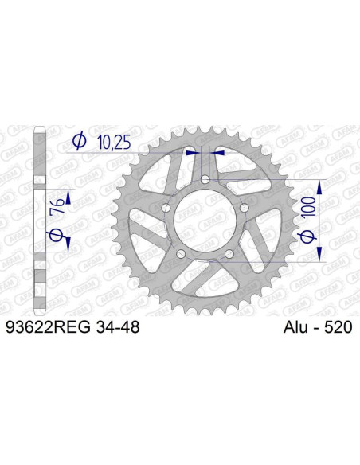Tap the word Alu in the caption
click(296, 326)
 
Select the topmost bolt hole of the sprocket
click(205, 182)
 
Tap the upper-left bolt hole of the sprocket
click(166, 209)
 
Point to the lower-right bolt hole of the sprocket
click(228, 254)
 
